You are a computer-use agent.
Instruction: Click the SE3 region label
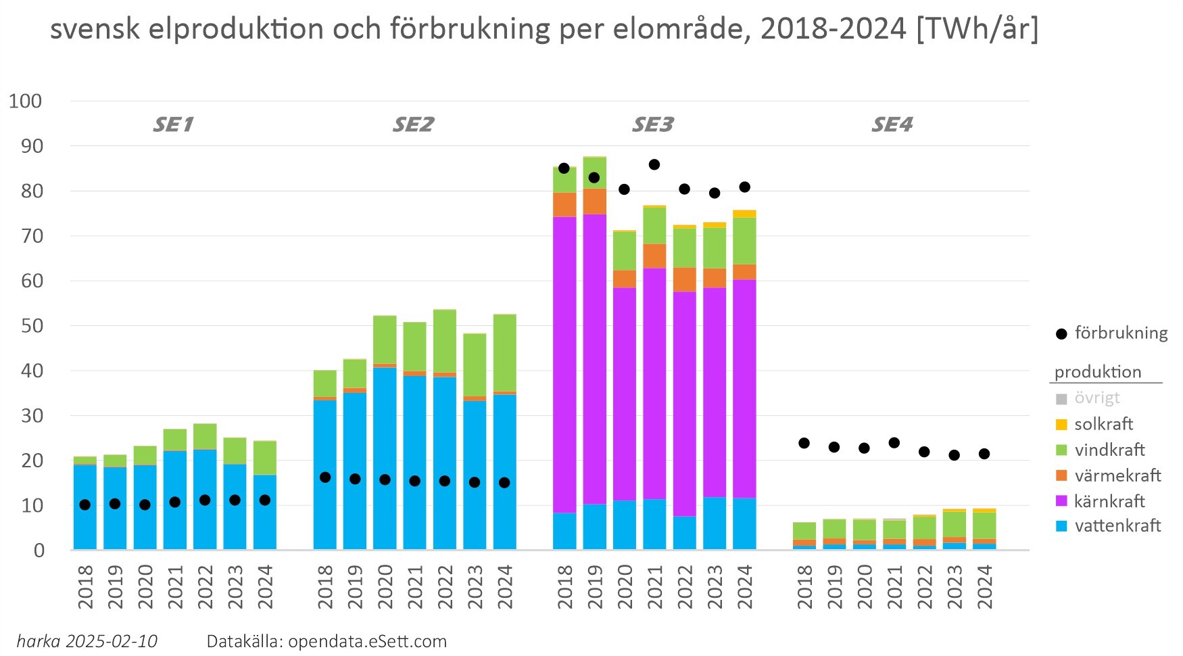point(652,124)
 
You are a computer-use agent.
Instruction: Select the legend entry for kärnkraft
point(1109,501)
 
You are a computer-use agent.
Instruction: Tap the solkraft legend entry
point(1103,424)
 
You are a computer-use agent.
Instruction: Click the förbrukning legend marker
point(1061,333)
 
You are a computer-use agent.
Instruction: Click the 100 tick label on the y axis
point(25,101)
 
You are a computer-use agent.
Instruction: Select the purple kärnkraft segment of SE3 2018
point(564,365)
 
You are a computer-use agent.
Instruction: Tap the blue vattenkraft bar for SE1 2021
point(174,500)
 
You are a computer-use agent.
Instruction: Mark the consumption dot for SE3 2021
point(654,164)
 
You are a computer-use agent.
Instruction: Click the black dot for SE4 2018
point(804,443)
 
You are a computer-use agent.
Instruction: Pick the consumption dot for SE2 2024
point(504,482)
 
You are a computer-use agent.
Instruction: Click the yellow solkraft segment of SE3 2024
point(744,214)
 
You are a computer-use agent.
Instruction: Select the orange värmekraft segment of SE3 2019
point(594,202)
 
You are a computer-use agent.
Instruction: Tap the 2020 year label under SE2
point(385,586)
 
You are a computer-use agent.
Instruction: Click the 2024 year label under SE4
point(984,586)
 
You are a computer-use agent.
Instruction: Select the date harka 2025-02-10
point(87,641)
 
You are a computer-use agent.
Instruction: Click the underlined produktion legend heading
point(1098,372)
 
